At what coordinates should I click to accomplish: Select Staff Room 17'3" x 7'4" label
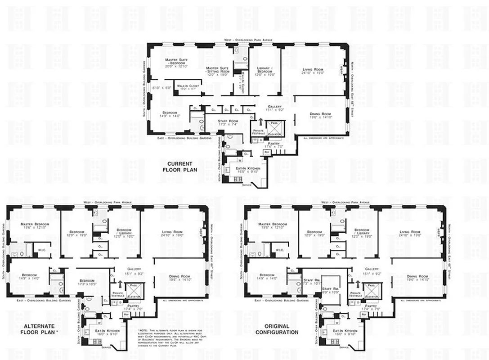[228, 123]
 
